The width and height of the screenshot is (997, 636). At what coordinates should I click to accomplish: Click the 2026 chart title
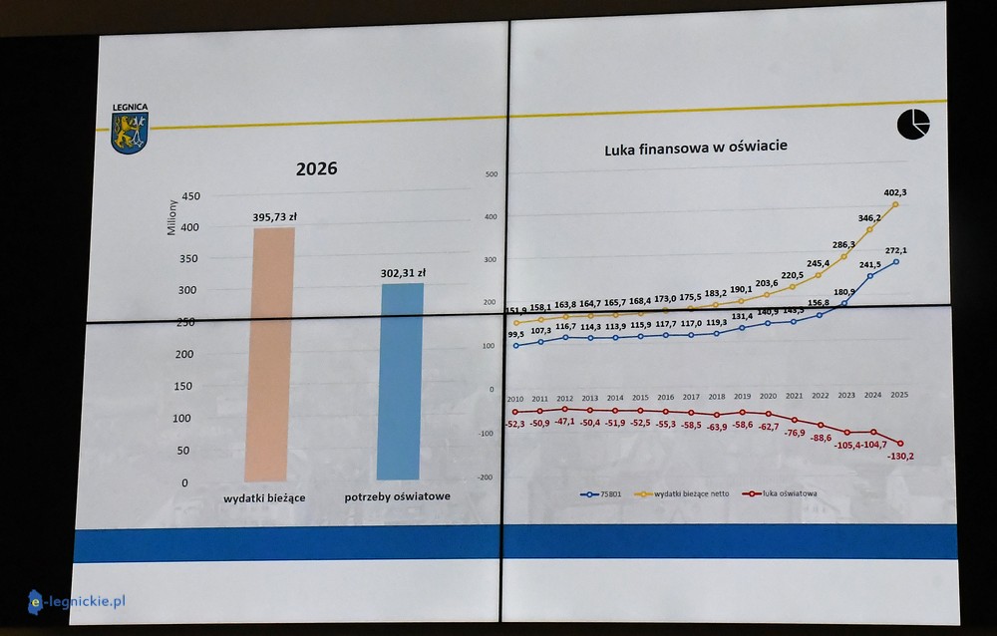point(316,168)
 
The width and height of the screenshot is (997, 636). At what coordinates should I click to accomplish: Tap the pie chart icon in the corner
point(913,125)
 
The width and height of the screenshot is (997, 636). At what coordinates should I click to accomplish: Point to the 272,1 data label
point(897,250)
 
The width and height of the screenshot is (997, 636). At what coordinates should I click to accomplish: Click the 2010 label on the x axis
point(515,398)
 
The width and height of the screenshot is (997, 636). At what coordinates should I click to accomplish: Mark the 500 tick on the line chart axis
point(490,174)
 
